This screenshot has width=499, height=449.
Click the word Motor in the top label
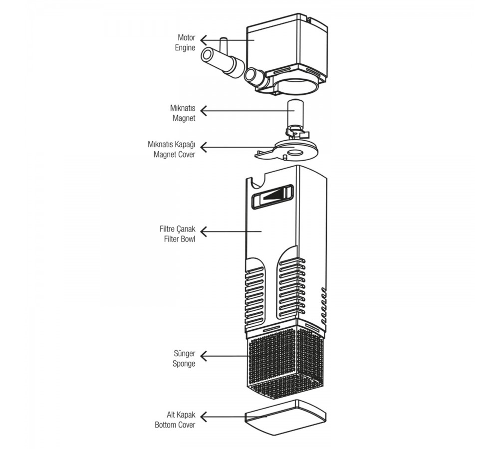186,37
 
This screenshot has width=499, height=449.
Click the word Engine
185,48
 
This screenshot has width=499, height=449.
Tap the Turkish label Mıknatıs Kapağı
171,145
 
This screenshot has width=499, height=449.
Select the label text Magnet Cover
174,155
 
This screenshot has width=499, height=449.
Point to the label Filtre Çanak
177,229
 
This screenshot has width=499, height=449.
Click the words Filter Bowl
180,239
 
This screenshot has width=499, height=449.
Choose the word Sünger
184,353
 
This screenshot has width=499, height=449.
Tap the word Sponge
184,363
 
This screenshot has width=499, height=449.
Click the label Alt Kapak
181,415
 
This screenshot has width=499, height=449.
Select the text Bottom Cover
175,425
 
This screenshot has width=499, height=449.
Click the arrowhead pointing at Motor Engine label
204,40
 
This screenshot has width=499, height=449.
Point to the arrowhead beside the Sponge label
204,356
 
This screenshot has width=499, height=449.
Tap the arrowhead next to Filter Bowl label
204,231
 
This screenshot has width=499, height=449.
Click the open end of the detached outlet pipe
207,56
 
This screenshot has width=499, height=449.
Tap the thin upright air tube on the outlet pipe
223,46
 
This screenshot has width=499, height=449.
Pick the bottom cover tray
285,417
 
